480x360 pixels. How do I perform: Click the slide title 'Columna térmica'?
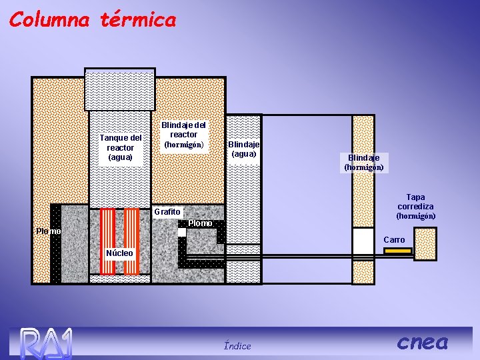pos(93,20)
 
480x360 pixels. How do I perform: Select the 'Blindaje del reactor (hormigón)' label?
pos(183,135)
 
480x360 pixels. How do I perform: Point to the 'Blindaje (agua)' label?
pos(243,149)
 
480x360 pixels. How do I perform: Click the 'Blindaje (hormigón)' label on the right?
pos(363,163)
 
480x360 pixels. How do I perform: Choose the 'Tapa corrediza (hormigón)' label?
pos(415,207)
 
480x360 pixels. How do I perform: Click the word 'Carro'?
pos(394,239)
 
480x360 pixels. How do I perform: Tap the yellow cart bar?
pos(398,251)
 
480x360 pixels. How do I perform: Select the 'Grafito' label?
pos(167,212)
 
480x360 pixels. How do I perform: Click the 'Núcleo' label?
pos(120,253)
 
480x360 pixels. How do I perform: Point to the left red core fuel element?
pos(108,241)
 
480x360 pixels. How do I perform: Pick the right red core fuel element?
pos(131,241)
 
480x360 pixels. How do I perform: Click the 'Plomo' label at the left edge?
pos(48,231)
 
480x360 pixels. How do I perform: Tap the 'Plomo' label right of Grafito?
pos(200,223)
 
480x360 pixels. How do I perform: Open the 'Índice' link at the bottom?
pos(237,345)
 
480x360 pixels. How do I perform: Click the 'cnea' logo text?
pos(422,342)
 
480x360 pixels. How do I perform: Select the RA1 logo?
pos(45,343)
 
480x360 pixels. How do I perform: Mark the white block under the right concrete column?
pos(363,241)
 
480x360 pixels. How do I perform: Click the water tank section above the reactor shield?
pos(120,89)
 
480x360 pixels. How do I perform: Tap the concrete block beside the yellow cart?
pos(425,243)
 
